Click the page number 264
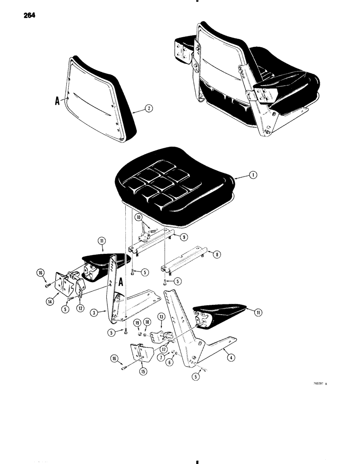28,15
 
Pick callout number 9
184,237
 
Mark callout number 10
139,217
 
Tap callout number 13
161,316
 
